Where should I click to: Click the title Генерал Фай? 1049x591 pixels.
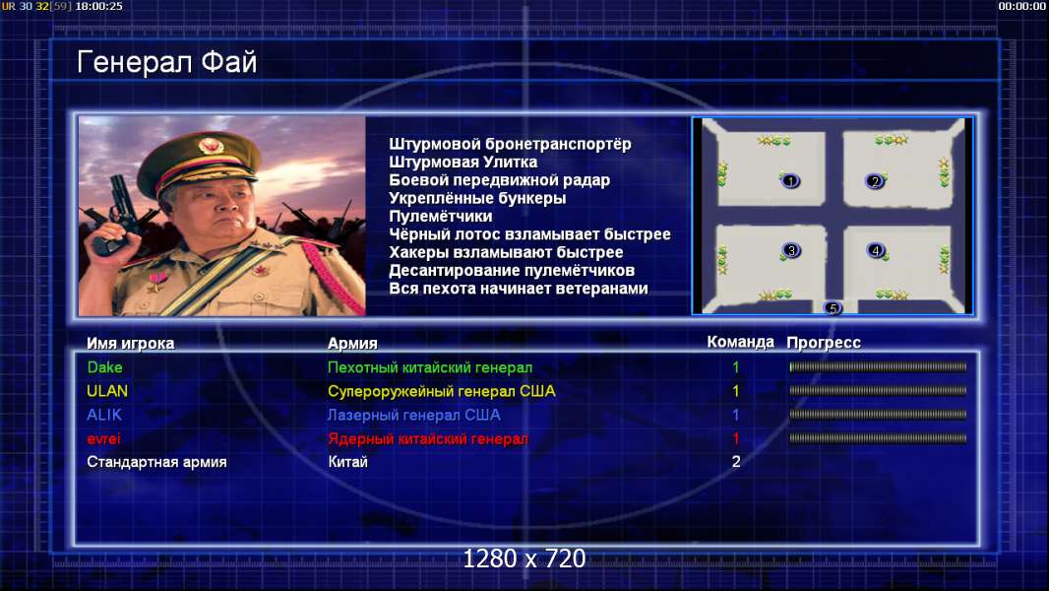166,62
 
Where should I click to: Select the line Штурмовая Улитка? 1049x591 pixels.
463,162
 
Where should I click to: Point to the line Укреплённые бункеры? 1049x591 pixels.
477,198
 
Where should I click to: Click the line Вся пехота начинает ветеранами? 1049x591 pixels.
519,289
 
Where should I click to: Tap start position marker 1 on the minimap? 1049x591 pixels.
790,180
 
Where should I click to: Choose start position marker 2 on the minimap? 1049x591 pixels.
875,181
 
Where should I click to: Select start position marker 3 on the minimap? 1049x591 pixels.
791,251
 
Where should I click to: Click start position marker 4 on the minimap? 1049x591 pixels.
876,250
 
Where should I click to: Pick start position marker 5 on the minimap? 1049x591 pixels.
833,308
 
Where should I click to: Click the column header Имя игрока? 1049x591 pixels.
131,344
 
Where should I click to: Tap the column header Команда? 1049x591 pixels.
741,342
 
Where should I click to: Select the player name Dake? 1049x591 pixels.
105,367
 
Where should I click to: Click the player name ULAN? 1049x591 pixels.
107,391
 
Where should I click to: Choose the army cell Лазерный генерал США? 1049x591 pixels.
414,415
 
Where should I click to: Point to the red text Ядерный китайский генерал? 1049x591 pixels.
427,439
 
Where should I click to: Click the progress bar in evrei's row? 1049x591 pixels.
878,438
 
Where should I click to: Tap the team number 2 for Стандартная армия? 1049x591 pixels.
736,462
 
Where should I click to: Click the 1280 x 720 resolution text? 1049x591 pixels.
524,558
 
